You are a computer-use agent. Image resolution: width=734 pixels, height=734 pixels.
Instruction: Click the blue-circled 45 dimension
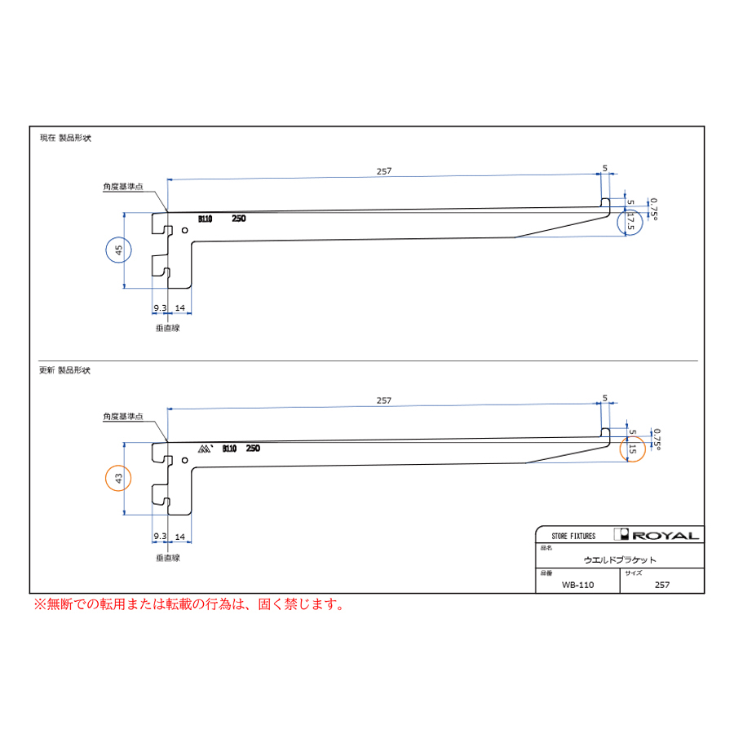tap(119, 250)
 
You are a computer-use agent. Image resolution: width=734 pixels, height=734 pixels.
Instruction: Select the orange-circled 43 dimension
tap(118, 479)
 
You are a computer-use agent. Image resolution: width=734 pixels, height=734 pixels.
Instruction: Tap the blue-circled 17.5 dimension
tap(630, 222)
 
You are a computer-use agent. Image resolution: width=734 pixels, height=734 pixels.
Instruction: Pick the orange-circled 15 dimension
tap(632, 449)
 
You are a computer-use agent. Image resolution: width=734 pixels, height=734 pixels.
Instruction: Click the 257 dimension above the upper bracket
tap(384, 171)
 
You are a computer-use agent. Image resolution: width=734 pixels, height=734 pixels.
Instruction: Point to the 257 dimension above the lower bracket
tap(384, 400)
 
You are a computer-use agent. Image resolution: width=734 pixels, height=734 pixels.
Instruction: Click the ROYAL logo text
tap(665, 536)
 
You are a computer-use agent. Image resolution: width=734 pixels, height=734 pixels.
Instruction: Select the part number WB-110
tap(577, 585)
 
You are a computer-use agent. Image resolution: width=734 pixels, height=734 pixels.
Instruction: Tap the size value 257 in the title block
tap(662, 585)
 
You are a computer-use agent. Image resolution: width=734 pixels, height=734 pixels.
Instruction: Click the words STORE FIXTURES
tap(573, 536)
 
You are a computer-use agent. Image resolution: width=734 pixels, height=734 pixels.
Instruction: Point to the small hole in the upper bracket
tap(185, 230)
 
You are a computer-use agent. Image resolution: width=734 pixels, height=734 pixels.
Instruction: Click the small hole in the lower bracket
tap(185, 460)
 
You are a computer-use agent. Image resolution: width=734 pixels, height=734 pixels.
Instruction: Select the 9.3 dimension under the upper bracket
tap(160, 308)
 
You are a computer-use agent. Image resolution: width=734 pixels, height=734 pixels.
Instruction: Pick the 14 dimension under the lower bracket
tap(180, 537)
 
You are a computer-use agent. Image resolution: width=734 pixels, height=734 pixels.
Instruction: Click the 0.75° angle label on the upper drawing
tap(653, 209)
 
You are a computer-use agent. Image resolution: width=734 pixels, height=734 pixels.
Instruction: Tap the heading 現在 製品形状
tap(65, 138)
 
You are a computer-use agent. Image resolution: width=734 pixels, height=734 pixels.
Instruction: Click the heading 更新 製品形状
tap(64, 370)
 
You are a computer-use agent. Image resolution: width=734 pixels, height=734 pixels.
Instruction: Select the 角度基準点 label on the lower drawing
tap(123, 416)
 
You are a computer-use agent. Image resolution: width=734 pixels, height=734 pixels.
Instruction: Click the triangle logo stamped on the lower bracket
tap(205, 449)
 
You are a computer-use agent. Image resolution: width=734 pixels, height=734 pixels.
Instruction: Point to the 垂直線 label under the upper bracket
tap(167, 328)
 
